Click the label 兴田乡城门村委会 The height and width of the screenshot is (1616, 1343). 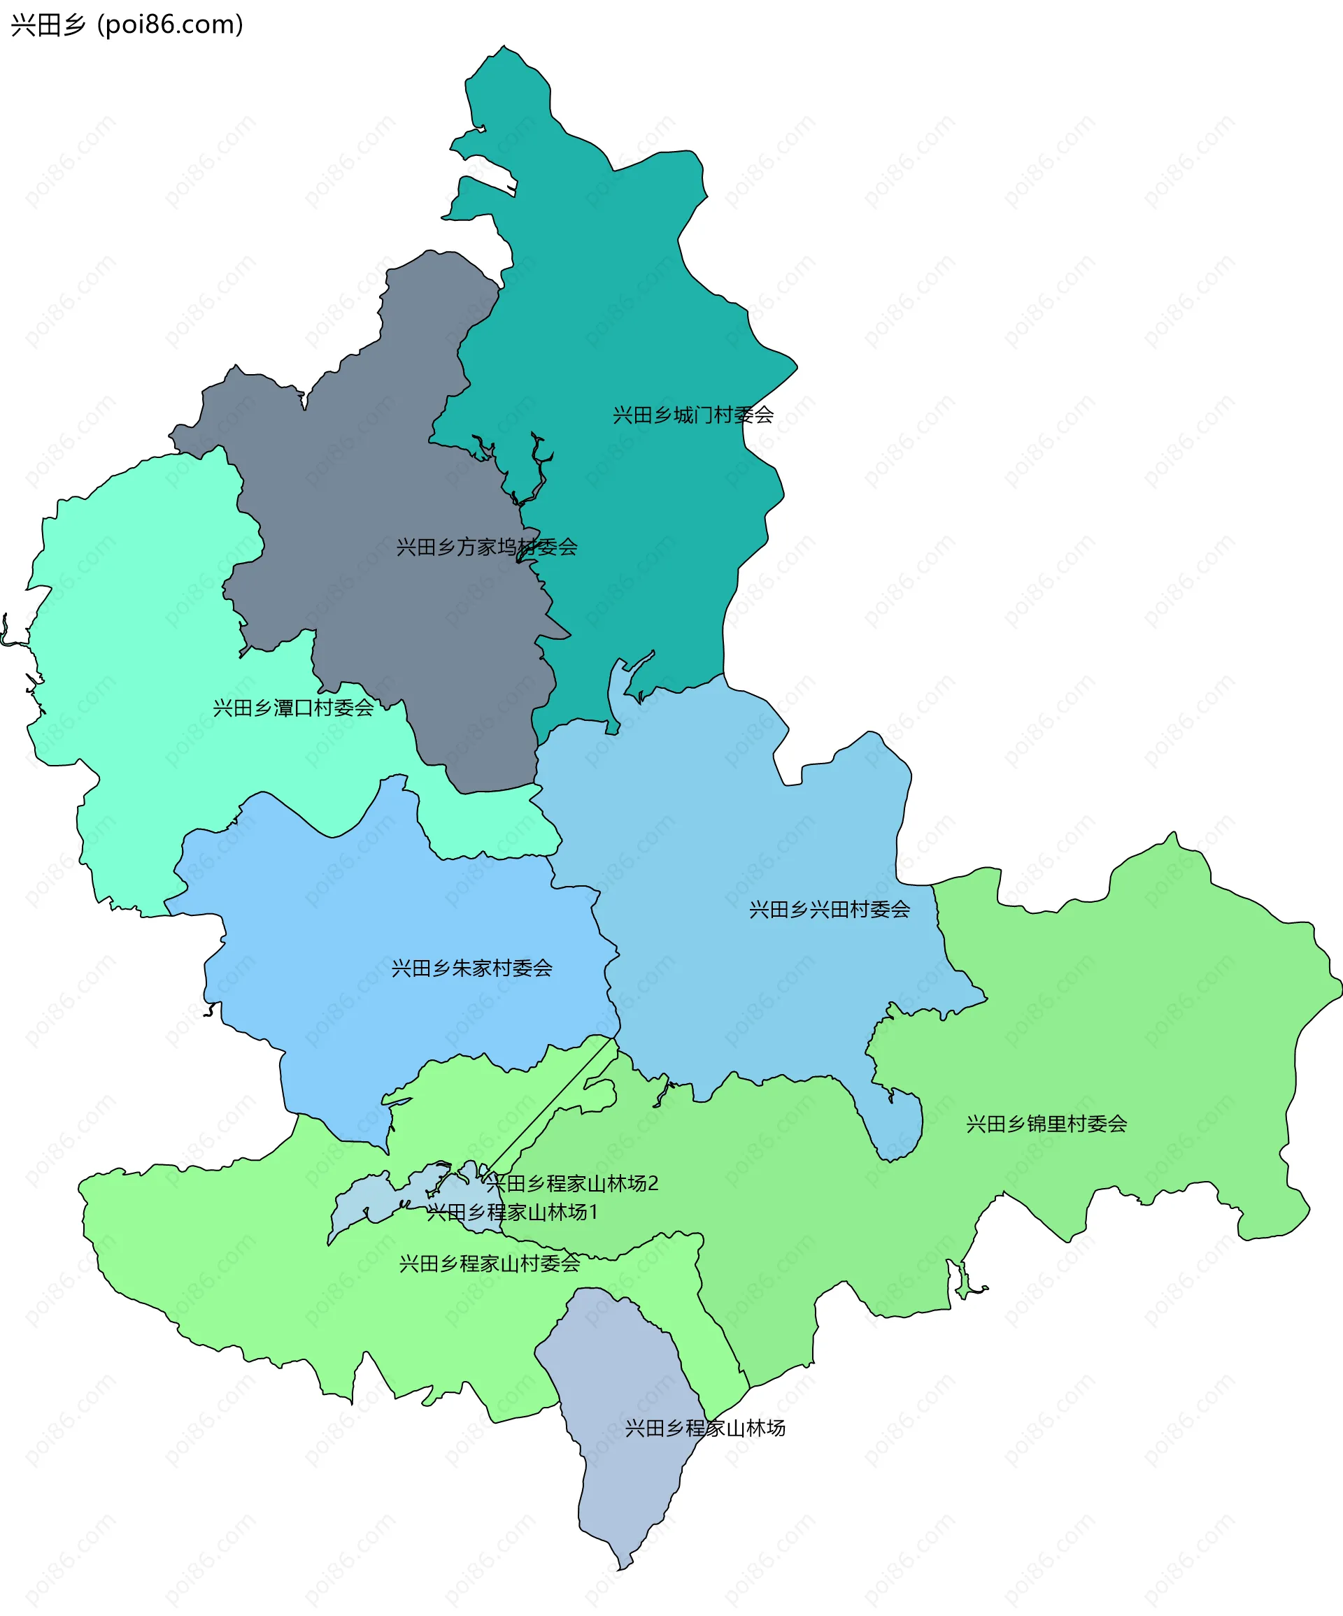692,415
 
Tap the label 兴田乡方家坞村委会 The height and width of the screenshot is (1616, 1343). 486,547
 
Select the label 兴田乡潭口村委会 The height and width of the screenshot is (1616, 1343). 293,708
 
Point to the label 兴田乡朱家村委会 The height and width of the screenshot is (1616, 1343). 471,968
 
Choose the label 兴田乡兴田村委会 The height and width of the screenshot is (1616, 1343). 830,910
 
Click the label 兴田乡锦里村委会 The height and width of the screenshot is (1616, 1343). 1046,1124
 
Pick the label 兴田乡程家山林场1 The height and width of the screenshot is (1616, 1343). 513,1212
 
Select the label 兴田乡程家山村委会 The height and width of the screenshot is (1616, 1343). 490,1264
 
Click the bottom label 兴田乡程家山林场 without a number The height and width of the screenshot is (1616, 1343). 705,1428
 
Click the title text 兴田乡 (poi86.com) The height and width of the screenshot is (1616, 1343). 127,24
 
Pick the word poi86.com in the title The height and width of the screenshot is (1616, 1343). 171,24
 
